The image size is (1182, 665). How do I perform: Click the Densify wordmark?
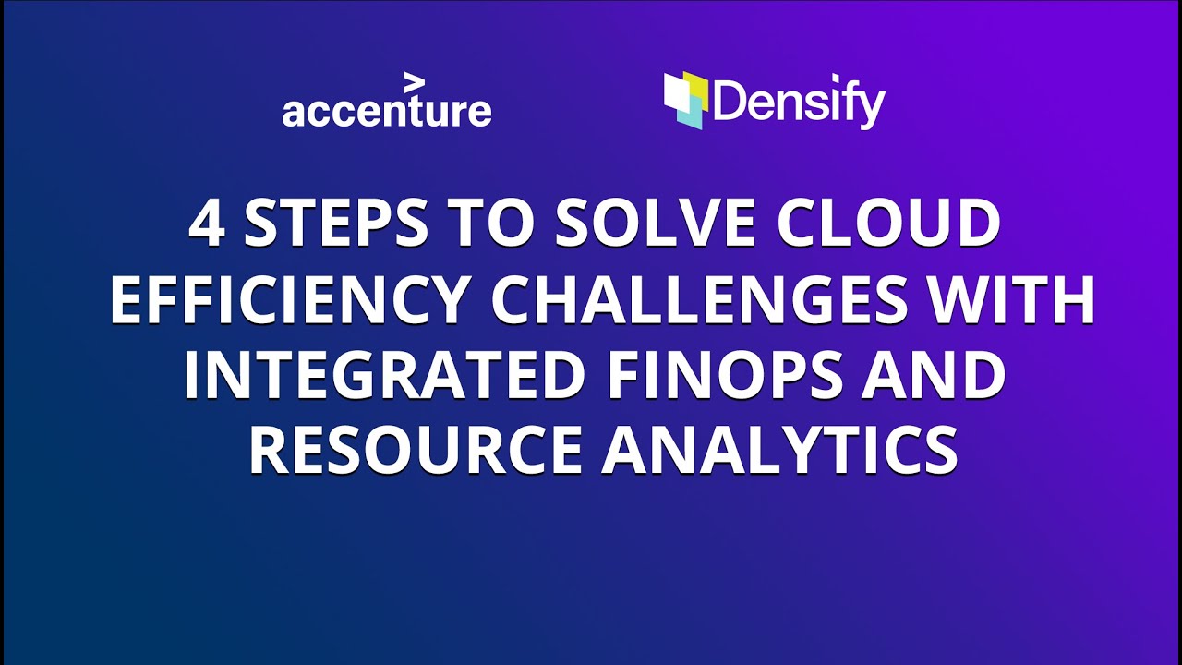pyautogui.click(x=799, y=104)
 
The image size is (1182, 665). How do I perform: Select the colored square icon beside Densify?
pyautogui.click(x=685, y=100)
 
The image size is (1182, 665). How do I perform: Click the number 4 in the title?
pyautogui.click(x=207, y=224)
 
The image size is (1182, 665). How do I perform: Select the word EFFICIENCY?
pyautogui.click(x=289, y=301)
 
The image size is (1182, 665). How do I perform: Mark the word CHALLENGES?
pyautogui.click(x=701, y=301)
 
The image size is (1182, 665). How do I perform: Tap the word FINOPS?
pyautogui.click(x=726, y=377)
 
